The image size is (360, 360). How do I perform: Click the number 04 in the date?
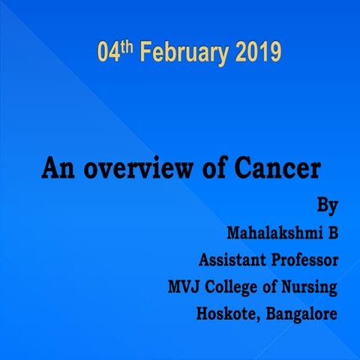tap(109, 55)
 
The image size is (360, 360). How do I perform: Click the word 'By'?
tap(327, 205)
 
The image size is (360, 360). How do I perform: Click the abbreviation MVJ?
tap(184, 286)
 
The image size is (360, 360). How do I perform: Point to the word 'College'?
tap(235, 287)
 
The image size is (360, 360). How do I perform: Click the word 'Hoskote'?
tap(226, 313)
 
